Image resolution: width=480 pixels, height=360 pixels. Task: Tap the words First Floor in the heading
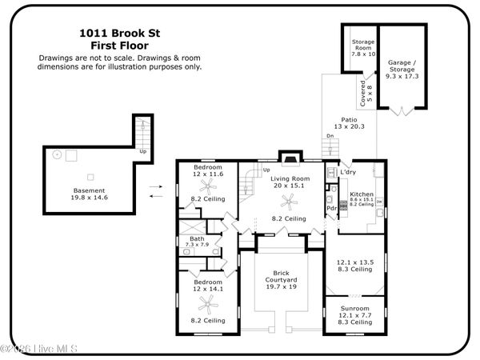coord(119,46)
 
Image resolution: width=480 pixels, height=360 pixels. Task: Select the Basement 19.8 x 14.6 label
coord(90,194)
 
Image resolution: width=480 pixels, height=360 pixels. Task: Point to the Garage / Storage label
coord(404,66)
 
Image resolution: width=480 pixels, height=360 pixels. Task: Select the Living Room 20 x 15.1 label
coord(287,182)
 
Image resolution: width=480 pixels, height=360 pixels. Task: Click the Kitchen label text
coord(362,194)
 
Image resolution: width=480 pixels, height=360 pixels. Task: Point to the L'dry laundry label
coord(348,173)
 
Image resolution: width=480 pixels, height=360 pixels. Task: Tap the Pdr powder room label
coord(330,209)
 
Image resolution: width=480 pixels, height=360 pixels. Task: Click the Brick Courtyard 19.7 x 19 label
coord(281,280)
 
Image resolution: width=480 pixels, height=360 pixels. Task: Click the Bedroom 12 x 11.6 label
coord(207,170)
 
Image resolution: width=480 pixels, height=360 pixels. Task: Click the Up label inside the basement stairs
coord(143,150)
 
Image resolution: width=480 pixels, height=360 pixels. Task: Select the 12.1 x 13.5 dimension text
coord(354,262)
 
